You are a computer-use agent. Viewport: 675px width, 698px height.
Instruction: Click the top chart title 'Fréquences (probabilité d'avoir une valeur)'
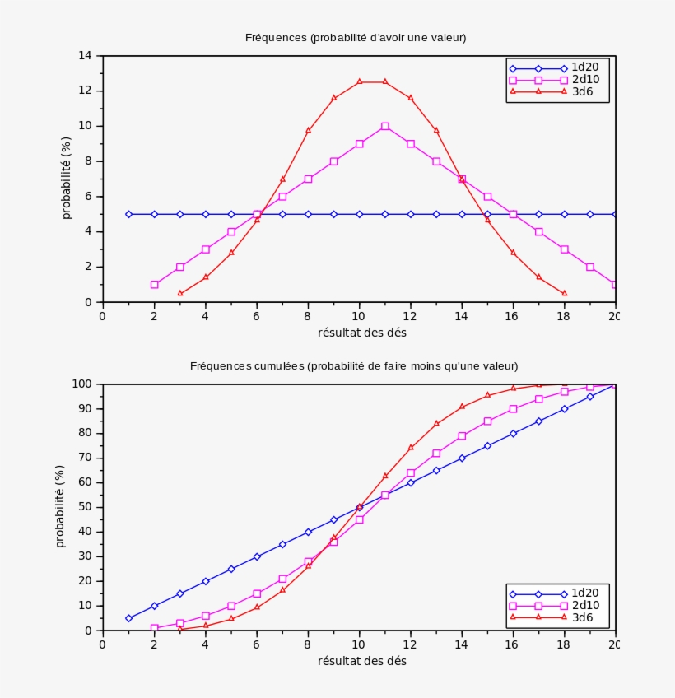[356, 38]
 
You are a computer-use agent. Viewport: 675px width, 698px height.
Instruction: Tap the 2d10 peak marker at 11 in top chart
[385, 126]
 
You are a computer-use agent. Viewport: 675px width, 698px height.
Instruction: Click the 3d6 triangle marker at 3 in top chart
[180, 293]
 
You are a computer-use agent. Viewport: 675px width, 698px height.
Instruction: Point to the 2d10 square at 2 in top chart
[155, 285]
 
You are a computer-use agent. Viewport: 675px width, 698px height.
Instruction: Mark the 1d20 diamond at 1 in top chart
[128, 214]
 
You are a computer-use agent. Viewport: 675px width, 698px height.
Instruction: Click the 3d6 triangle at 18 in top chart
[565, 293]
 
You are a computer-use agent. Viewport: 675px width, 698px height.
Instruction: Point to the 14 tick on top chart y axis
[85, 56]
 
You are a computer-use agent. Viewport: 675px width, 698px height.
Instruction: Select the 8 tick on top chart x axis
[308, 315]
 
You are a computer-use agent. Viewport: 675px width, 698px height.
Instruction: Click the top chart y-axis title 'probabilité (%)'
[67, 179]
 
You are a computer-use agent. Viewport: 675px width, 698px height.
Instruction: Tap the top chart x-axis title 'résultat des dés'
[361, 333]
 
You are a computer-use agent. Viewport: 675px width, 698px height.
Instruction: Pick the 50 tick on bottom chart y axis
[84, 507]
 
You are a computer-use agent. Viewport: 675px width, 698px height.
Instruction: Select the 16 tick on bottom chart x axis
[513, 644]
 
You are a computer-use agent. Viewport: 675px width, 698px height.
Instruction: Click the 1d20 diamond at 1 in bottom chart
[128, 618]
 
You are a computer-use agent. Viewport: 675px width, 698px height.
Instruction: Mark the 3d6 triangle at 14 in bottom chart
[462, 407]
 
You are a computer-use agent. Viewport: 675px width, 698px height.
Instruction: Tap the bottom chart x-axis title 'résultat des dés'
[361, 661]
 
